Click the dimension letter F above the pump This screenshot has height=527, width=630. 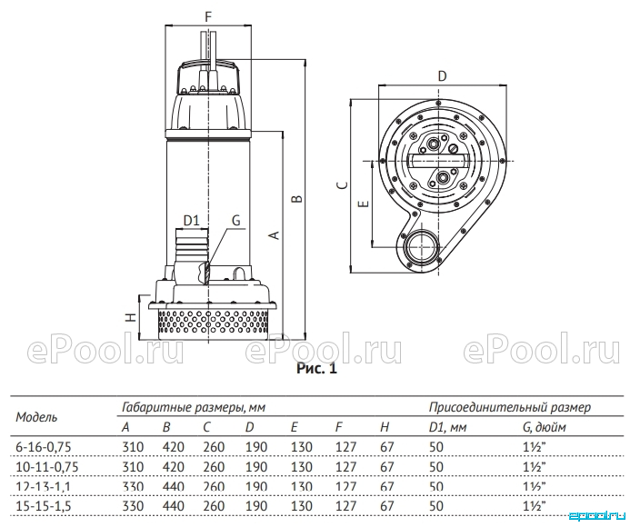[x=207, y=17]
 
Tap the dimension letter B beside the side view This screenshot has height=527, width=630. [x=296, y=198]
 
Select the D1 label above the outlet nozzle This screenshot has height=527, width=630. [x=191, y=221]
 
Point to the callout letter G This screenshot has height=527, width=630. [x=235, y=220]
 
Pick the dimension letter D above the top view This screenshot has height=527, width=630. [x=442, y=76]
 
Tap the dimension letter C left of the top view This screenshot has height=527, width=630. [x=342, y=184]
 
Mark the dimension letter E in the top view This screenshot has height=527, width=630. [x=364, y=204]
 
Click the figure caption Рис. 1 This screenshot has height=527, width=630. [x=316, y=368]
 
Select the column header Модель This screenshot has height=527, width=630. [x=36, y=417]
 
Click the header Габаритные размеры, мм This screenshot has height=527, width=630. [x=194, y=408]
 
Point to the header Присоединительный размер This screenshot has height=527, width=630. [x=510, y=408]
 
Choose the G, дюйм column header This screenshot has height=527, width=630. [x=545, y=427]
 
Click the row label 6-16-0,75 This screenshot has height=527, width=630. [x=44, y=447]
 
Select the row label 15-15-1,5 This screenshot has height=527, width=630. [x=44, y=506]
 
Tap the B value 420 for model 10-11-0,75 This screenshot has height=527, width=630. [x=173, y=467]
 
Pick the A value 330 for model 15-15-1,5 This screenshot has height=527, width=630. [x=133, y=506]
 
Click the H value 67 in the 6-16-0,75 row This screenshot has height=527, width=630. [x=387, y=447]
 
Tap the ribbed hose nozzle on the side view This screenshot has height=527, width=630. [x=191, y=245]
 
